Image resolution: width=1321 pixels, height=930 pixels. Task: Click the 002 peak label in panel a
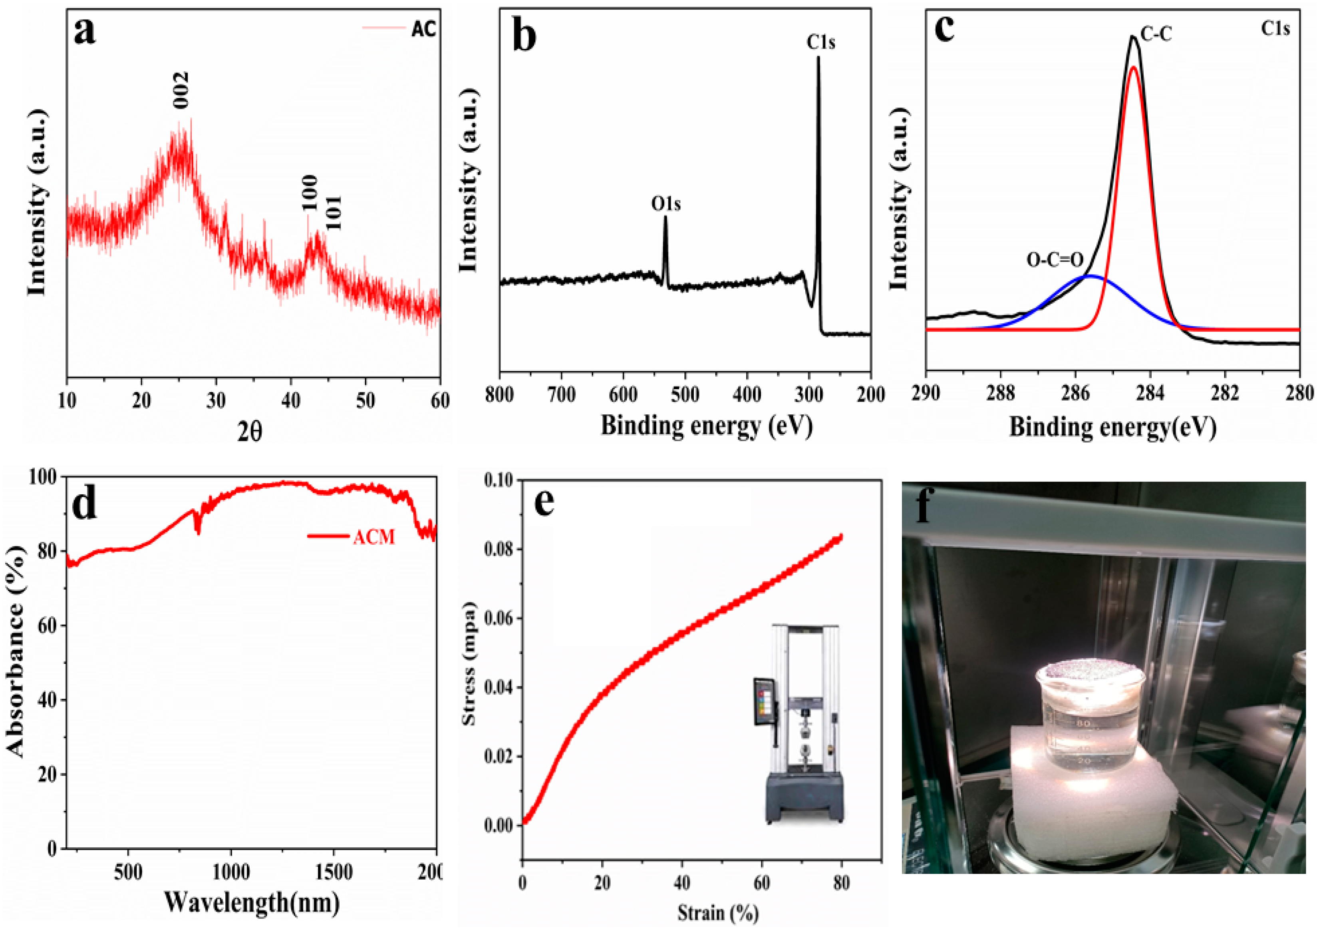click(181, 90)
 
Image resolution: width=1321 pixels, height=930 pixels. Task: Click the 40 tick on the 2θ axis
click(290, 400)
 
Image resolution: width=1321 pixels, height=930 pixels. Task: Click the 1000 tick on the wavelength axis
click(231, 872)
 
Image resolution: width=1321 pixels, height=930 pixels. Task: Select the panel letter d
click(85, 505)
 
